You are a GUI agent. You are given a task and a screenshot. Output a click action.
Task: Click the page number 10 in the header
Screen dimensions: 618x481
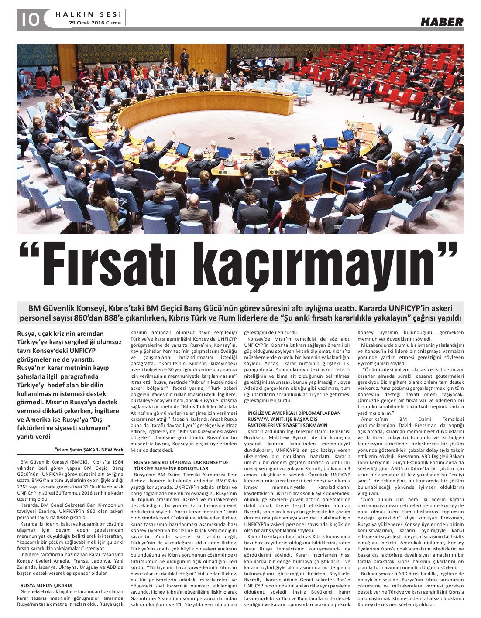pyautogui.click(x=29, y=19)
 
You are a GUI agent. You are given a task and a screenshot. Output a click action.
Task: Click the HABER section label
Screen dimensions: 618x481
pyautogui.click(x=442, y=22)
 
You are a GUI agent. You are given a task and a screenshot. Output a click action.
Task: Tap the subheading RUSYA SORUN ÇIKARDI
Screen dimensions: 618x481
pyautogui.click(x=46, y=585)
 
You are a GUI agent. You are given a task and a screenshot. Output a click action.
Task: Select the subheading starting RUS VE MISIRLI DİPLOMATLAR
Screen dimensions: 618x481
pyautogui.click(x=181, y=462)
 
